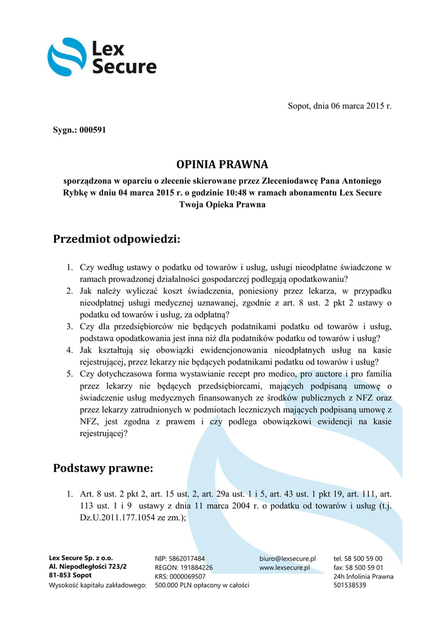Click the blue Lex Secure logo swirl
point(66,57)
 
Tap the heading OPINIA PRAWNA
point(222,165)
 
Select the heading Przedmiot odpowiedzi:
point(117,238)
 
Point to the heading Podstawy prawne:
point(103,469)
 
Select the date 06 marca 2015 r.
point(359,106)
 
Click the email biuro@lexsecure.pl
point(287,558)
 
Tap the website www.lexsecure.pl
point(284,568)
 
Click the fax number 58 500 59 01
point(366,568)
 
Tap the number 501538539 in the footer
point(350,585)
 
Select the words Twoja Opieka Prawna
point(222,205)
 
